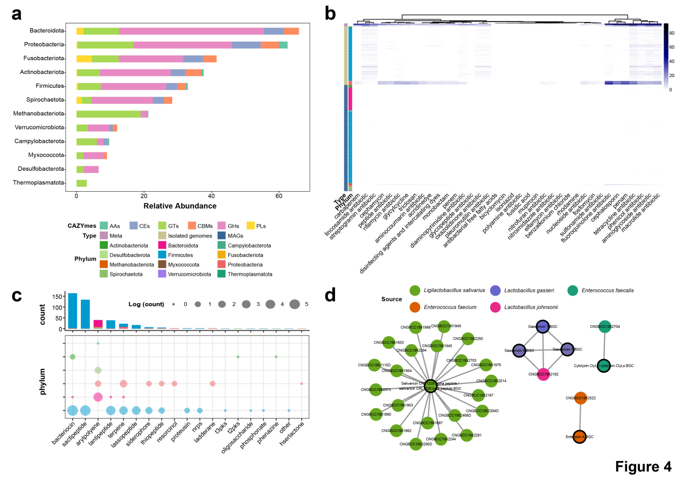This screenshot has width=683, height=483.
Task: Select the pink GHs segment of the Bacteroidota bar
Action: point(191,31)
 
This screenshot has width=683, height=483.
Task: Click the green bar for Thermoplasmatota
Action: point(81,183)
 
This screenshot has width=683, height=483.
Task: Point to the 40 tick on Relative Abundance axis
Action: point(211,197)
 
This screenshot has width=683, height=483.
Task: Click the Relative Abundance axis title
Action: point(180,206)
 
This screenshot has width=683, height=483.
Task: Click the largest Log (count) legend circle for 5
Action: point(294,304)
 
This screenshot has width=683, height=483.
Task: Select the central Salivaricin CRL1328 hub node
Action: point(430,386)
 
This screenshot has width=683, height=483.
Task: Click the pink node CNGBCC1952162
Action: point(543,374)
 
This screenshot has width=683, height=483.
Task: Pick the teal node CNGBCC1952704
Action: point(604,326)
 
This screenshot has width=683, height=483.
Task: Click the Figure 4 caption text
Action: point(643,466)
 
